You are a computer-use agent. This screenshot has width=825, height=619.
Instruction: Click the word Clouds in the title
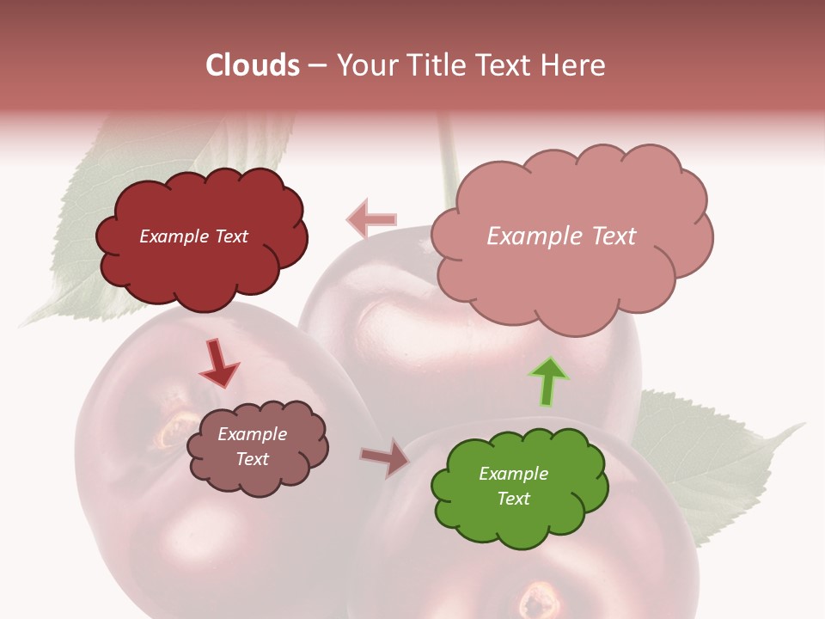coord(253,65)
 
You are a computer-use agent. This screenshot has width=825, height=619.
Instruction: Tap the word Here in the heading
coord(575,65)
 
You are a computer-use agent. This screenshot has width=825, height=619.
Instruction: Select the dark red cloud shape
coord(201,267)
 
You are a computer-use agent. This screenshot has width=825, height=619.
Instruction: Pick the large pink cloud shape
coord(571,275)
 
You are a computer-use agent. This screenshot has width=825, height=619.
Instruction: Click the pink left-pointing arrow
coord(371,219)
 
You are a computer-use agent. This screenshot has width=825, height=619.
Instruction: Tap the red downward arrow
coord(219,362)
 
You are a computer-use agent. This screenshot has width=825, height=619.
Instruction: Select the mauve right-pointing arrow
coord(386,457)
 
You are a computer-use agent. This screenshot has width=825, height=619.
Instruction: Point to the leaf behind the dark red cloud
coord(77,249)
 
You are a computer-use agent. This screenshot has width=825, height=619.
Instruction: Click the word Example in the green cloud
coord(513,474)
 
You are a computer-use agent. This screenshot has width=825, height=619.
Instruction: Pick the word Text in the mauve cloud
coord(253,459)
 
